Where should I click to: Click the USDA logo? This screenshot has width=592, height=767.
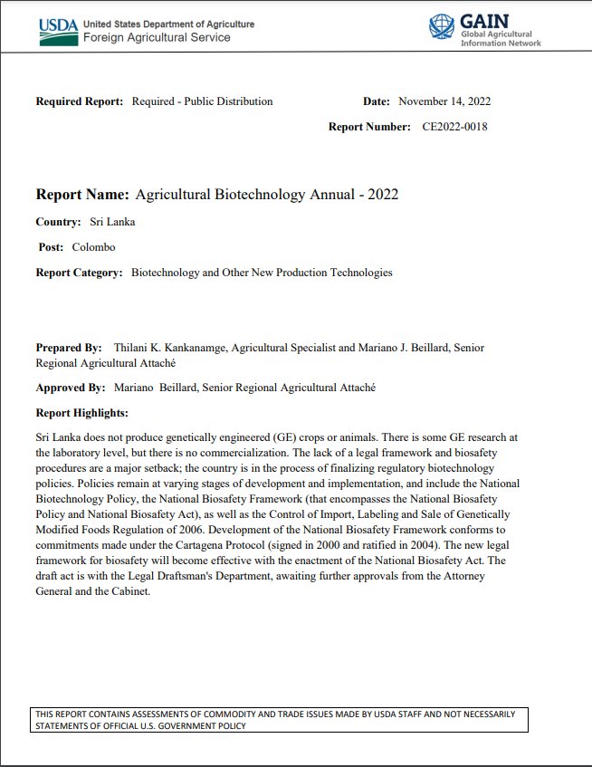(58, 31)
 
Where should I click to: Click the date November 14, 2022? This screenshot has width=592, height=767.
(444, 101)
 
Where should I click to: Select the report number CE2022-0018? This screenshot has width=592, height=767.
(454, 127)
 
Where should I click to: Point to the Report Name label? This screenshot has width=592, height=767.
(82, 195)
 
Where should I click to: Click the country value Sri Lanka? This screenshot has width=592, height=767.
(112, 222)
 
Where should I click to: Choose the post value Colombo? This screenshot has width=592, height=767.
(93, 247)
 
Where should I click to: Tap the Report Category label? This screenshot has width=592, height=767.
(79, 273)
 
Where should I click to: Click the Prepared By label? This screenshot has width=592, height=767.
(69, 348)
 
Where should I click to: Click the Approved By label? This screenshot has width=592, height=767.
(71, 388)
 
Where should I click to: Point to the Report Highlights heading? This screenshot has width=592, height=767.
(81, 413)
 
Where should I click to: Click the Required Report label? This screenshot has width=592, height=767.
(79, 101)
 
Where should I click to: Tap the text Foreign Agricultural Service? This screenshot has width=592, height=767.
(157, 38)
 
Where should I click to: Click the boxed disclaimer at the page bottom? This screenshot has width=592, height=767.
(281, 720)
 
